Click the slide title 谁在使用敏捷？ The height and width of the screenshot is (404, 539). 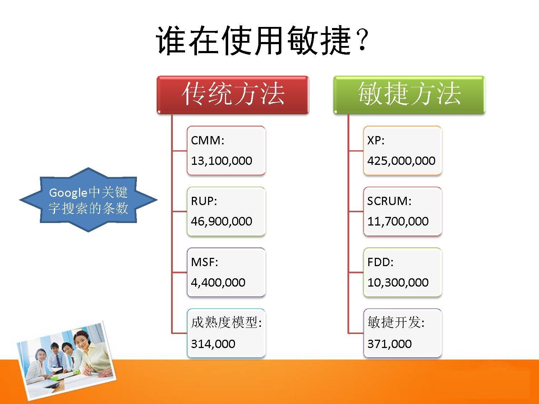click(262, 40)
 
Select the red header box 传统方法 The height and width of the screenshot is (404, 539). click(233, 95)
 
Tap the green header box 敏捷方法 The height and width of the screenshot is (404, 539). click(409, 95)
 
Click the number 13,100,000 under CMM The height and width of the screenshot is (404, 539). click(221, 161)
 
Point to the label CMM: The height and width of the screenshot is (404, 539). click(207, 140)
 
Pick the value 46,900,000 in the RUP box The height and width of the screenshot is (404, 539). click(221, 221)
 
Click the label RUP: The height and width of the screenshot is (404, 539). click(204, 201)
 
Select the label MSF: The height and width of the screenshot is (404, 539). click(204, 262)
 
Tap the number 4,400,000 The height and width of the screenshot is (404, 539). click(218, 282)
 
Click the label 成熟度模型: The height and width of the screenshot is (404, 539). click(226, 322)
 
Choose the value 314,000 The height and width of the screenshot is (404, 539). click(213, 344)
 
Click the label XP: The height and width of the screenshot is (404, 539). click(376, 140)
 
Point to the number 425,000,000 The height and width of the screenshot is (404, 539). click(401, 161)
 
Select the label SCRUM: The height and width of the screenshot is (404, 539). click(389, 201)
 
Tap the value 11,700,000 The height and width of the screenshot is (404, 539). click(398, 221)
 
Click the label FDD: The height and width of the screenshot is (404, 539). click(381, 262)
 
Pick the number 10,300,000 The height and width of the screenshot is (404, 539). click(398, 282)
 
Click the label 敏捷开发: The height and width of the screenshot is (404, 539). click(396, 322)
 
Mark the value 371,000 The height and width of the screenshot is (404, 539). click(390, 344)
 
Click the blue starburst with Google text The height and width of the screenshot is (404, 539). click(88, 200)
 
